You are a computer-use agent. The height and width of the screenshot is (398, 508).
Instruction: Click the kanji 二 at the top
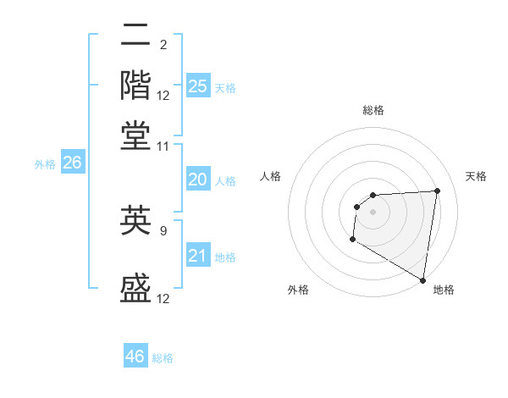pyautogui.click(x=136, y=36)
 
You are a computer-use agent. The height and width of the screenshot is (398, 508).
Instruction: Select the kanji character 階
pyautogui.click(x=136, y=85)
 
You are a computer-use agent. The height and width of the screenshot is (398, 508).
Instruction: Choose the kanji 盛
pyautogui.click(x=136, y=288)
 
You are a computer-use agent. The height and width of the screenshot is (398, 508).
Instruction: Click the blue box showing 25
pyautogui.click(x=197, y=86)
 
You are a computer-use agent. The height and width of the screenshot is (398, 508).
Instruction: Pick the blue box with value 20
pyautogui.click(x=197, y=180)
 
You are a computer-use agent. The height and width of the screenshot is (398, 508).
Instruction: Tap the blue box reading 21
pyautogui.click(x=197, y=256)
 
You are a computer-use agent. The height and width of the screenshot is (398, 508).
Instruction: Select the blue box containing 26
pyautogui.click(x=72, y=163)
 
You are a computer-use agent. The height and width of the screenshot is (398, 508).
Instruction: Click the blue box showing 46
pyautogui.click(x=135, y=357)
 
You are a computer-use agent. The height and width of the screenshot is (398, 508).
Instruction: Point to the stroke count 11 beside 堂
pyautogui.click(x=163, y=146)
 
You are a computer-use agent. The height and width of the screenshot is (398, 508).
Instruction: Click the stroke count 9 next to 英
pyautogui.click(x=163, y=229)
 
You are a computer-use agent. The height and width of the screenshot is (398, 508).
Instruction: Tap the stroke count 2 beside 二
pyautogui.click(x=163, y=45)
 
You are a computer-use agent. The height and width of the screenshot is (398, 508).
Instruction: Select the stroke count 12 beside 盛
pyautogui.click(x=163, y=298)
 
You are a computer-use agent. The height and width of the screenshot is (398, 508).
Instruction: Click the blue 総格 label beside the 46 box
pyautogui.click(x=163, y=358)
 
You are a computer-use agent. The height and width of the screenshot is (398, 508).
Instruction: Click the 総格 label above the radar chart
pyautogui.click(x=373, y=110)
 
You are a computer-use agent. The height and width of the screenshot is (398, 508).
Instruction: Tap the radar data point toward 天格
pyautogui.click(x=438, y=191)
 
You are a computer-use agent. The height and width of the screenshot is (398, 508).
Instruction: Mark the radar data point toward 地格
pyautogui.click(x=423, y=280)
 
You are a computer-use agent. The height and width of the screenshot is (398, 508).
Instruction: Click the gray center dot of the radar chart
pyautogui.click(x=373, y=212)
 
